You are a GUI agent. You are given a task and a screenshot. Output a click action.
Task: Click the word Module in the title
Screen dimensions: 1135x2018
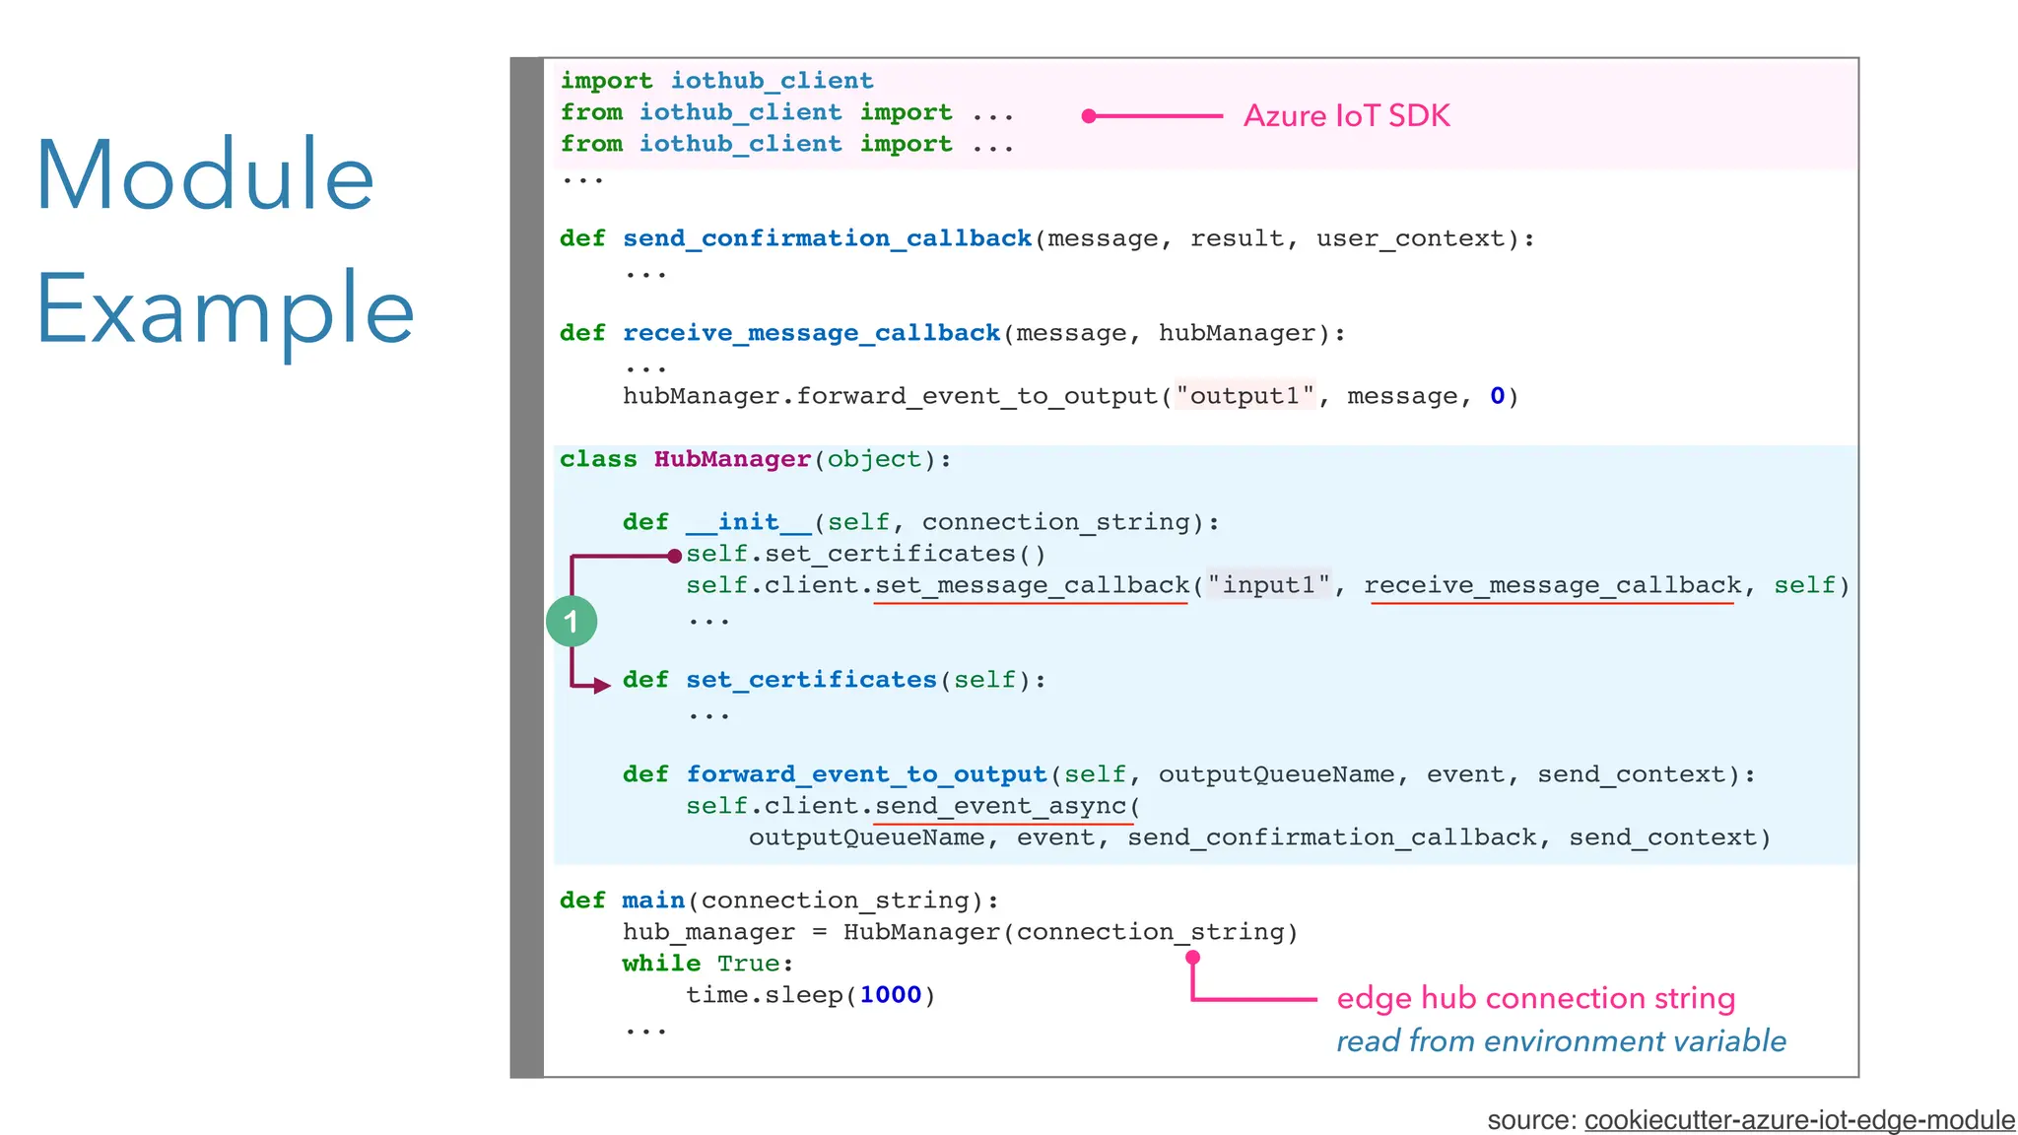(205, 175)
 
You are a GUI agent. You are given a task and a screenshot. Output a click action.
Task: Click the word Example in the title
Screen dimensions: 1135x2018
(225, 309)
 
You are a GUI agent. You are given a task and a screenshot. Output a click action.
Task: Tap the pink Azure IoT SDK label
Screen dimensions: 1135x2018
(1346, 116)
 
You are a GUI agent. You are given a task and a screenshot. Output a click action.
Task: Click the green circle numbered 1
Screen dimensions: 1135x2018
(572, 622)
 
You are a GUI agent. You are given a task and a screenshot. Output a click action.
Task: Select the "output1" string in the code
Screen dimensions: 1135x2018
(1244, 396)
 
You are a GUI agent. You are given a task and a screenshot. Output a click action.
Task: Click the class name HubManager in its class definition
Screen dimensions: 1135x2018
(732, 459)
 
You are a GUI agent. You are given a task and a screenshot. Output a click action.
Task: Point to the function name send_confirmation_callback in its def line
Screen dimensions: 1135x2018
(827, 238)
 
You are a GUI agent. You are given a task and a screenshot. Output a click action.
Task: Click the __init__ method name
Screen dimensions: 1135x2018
(748, 522)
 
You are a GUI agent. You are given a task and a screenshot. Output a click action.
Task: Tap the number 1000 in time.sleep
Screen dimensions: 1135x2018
(890, 995)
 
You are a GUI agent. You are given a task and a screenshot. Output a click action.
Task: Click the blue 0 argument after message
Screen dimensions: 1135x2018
(1497, 396)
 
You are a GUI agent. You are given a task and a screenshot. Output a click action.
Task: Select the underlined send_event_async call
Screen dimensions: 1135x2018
(1001, 806)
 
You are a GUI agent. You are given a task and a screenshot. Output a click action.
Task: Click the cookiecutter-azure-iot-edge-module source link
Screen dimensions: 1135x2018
(1799, 1120)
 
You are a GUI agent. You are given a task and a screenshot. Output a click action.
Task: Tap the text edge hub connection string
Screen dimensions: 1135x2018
(1535, 998)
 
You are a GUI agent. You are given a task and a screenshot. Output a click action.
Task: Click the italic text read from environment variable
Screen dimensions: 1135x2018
(1561, 1041)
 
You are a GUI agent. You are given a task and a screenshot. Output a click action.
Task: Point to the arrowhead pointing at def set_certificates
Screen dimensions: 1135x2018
(602, 685)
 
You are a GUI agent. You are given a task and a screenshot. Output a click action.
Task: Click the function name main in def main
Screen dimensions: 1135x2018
(653, 901)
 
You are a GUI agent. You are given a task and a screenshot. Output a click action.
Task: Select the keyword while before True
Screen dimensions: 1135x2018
(661, 964)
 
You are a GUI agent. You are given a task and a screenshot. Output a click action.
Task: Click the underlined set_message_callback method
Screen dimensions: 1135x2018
(1032, 585)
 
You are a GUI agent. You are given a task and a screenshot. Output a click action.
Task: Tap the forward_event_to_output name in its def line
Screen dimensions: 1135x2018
(866, 774)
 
